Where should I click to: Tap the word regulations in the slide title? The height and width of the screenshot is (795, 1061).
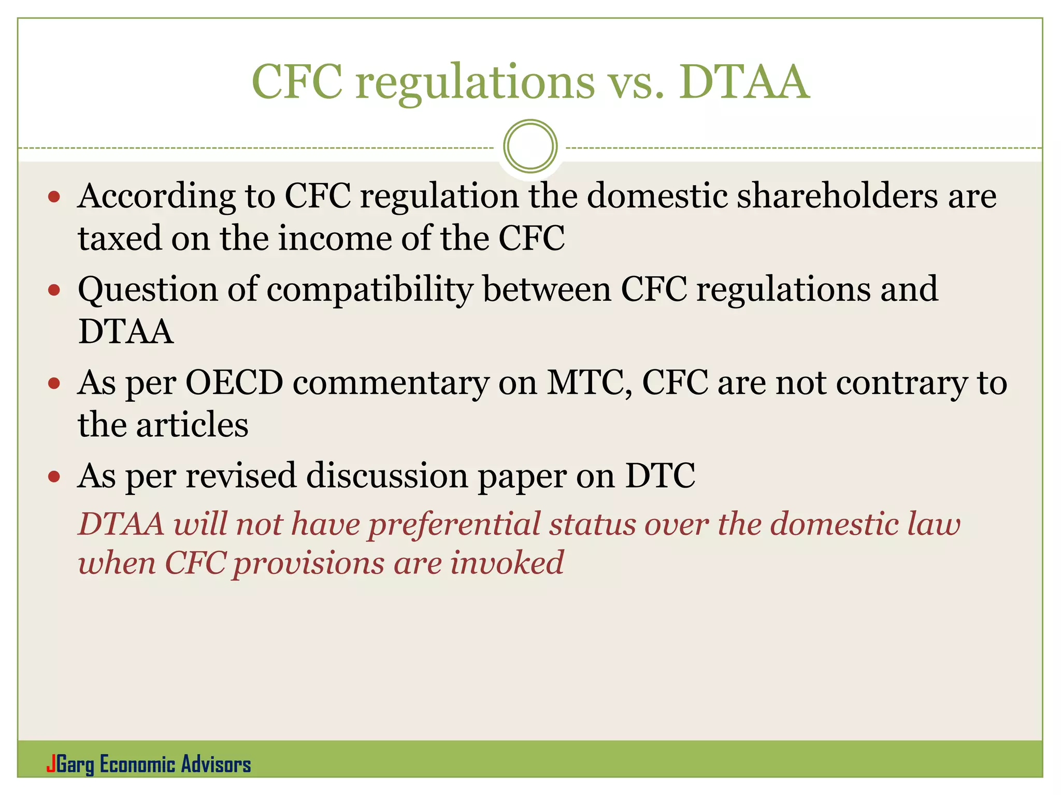point(475,83)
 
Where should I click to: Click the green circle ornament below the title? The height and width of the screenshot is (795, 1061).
point(530,146)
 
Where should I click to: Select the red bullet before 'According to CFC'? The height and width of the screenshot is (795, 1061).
point(54,197)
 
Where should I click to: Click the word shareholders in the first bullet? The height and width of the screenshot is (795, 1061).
point(837,196)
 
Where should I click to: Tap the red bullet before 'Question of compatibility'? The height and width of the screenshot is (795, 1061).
point(54,290)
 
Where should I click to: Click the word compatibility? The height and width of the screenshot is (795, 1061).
point(370,290)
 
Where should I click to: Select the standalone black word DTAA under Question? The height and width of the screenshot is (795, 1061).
point(125,332)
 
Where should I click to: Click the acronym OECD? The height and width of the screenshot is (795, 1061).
point(234,383)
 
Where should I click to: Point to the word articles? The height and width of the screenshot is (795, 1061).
point(192,425)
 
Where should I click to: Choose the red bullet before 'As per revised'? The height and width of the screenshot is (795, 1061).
point(54,476)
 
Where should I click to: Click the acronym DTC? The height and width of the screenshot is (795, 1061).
point(660,476)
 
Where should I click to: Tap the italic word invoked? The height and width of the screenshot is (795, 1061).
point(506,563)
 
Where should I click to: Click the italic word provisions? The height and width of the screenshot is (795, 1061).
point(308,564)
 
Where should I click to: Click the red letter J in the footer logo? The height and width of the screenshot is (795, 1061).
point(51,764)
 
